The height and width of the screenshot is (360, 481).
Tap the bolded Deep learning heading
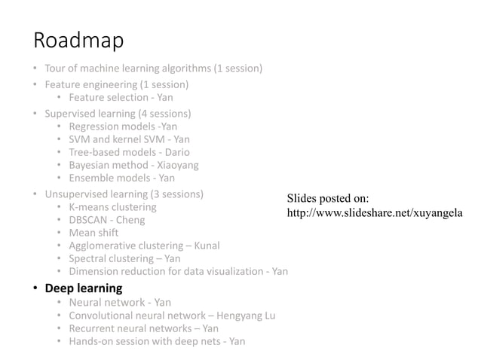[83, 288]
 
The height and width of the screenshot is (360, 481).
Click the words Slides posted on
[328, 199]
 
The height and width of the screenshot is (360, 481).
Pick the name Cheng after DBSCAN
[131, 220]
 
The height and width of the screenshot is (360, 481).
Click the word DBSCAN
[89, 220]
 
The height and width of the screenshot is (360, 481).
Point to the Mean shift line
[93, 233]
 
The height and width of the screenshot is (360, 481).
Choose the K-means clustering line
[112, 207]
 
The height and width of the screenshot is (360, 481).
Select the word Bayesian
[91, 165]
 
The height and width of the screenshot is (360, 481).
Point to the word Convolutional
[101, 316]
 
